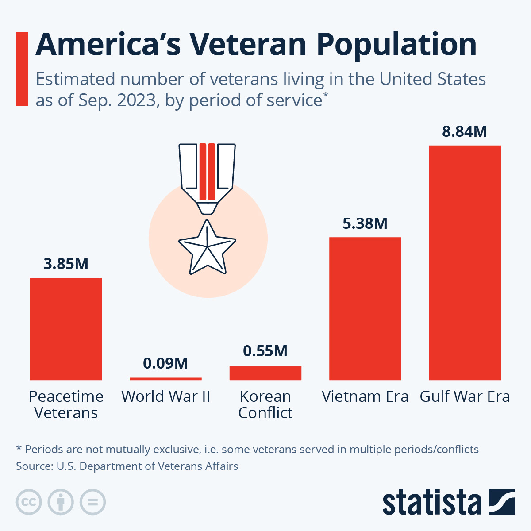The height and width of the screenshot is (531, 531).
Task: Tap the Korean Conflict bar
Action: click(x=265, y=373)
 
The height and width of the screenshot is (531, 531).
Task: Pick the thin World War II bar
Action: click(x=165, y=379)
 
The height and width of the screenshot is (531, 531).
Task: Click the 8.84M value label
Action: click(x=465, y=131)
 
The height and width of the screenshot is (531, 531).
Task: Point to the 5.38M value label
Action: click(x=365, y=223)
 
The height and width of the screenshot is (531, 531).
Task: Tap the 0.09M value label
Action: click(x=165, y=363)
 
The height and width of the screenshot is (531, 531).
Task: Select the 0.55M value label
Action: click(x=265, y=351)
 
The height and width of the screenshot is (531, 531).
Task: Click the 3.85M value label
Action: click(x=66, y=264)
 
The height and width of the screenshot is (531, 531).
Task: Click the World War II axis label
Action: click(x=165, y=396)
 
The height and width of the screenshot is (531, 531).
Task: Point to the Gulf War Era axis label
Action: click(x=465, y=396)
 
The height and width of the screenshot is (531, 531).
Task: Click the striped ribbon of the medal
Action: click(x=207, y=173)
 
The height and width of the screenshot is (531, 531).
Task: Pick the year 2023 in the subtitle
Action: click(x=137, y=100)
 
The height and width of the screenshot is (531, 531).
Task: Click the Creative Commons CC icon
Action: click(x=29, y=502)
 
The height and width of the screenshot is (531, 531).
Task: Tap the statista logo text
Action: click(x=431, y=503)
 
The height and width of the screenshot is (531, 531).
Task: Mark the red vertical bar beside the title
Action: click(x=22, y=69)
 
